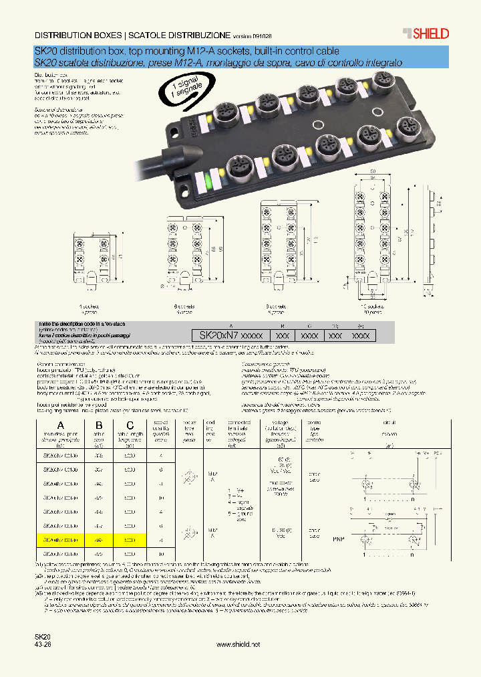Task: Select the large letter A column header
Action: click(x=59, y=425)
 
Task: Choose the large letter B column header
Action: click(x=99, y=425)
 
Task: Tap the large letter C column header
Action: click(x=130, y=425)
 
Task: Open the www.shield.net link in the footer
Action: click(x=239, y=644)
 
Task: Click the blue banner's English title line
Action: click(x=186, y=52)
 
